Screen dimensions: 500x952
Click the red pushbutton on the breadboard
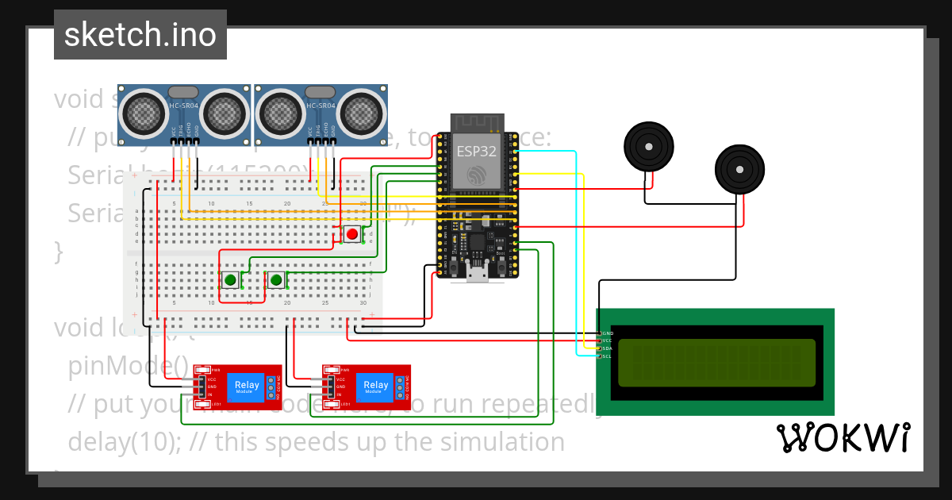[351, 233]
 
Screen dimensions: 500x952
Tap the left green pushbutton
[230, 279]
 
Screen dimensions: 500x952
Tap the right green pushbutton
[276, 279]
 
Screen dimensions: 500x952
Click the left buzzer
[648, 147]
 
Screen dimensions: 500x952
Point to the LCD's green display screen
[716, 361]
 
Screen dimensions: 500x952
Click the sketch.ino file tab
[140, 35]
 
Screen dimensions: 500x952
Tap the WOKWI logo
[843, 437]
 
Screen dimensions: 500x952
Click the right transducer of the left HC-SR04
[225, 112]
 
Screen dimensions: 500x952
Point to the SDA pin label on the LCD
[607, 348]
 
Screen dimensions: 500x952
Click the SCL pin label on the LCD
[607, 356]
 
